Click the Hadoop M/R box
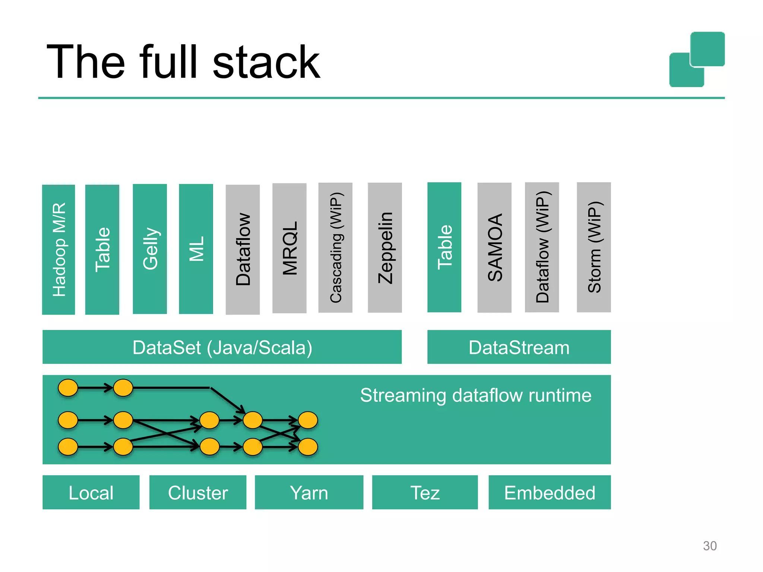(x=58, y=250)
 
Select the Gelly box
(x=150, y=249)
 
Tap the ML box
(x=196, y=249)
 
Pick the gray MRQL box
(x=289, y=248)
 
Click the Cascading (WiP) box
(x=335, y=248)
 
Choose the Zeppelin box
(x=385, y=248)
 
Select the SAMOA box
(x=494, y=248)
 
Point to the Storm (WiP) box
(x=594, y=247)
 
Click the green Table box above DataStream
(x=444, y=247)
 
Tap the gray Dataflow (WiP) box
(x=542, y=247)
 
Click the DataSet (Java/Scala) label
(x=222, y=347)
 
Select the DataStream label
(x=519, y=347)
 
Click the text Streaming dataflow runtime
(x=475, y=395)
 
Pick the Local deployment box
(x=91, y=492)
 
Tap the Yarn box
(x=309, y=492)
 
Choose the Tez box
(x=425, y=492)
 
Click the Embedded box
(x=550, y=492)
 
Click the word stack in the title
(x=266, y=63)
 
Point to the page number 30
(x=710, y=546)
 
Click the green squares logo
(x=697, y=60)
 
